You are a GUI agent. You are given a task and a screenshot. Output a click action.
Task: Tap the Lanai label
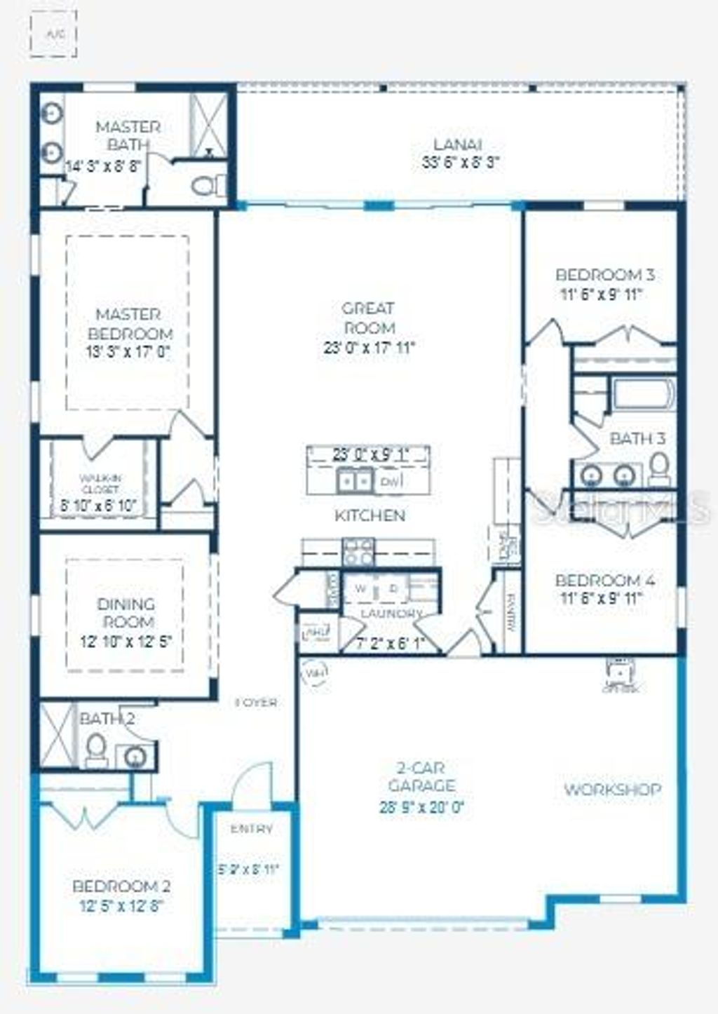pos(457,144)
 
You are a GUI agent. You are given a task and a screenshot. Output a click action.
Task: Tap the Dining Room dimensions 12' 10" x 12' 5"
pos(126,640)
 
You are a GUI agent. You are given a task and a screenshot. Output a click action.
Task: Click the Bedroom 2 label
pos(121,886)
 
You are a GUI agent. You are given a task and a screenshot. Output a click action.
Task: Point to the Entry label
pos(252,829)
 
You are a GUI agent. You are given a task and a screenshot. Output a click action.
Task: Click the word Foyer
pos(256,702)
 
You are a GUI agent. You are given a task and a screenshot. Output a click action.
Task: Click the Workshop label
pos(612,790)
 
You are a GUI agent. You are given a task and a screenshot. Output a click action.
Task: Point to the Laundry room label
pos(391,614)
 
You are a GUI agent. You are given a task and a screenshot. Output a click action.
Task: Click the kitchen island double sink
pos(355,480)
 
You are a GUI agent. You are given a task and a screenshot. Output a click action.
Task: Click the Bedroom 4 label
pos(604,581)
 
